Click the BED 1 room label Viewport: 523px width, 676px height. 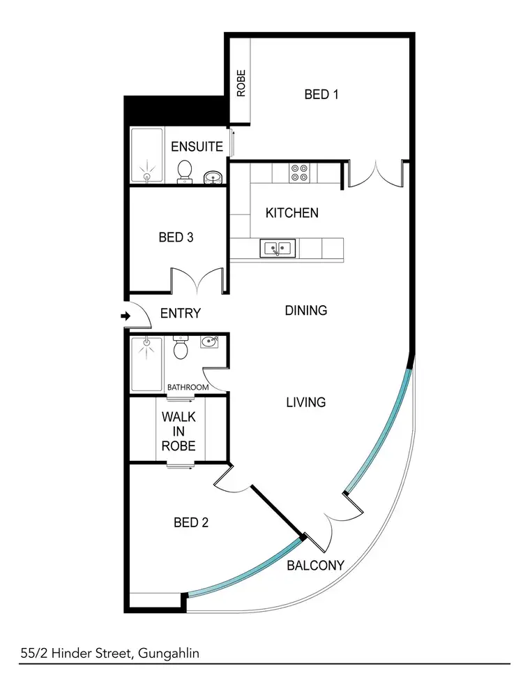321,94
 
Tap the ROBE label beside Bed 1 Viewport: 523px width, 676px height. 241,84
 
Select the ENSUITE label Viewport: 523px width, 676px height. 197,147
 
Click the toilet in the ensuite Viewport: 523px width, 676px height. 185,170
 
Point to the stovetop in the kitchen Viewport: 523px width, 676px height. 300,172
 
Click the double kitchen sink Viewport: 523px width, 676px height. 278,247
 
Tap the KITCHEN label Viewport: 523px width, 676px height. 292,212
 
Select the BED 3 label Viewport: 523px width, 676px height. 176,237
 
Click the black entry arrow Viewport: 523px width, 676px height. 126,316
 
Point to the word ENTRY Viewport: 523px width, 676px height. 180,314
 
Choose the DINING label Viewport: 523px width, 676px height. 306,310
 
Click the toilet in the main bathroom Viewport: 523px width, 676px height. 181,348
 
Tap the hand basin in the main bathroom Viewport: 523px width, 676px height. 209,341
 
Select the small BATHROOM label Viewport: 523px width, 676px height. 188,388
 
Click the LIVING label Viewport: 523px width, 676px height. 306,402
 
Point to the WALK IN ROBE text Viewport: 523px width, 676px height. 179,431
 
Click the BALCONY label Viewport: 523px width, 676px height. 315,565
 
